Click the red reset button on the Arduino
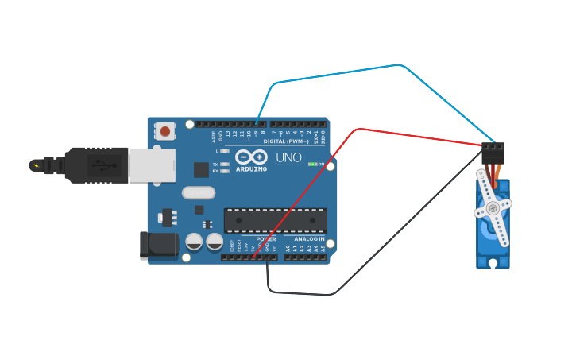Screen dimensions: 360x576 click(164, 130)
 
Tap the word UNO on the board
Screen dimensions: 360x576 click(288, 157)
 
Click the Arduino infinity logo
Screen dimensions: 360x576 click(251, 157)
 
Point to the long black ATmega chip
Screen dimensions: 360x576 click(275, 220)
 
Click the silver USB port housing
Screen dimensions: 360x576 click(152, 165)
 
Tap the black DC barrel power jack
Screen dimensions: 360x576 click(159, 246)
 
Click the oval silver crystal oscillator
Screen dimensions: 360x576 click(199, 192)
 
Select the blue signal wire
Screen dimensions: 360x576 click(397, 66)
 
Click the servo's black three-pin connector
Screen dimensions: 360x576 click(493, 152)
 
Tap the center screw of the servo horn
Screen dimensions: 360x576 click(493, 208)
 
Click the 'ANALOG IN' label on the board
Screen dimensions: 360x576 click(309, 238)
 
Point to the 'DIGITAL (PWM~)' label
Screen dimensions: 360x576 click(286, 141)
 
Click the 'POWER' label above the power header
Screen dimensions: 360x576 click(266, 238)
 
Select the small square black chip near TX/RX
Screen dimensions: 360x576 click(201, 169)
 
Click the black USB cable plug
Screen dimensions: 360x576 click(96, 165)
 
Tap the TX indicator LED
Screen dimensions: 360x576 click(226, 164)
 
